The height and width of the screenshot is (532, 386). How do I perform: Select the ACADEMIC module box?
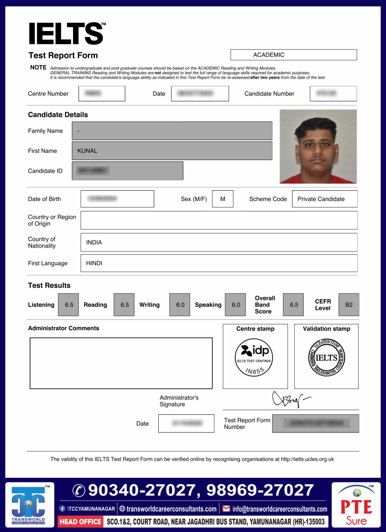pos(293,55)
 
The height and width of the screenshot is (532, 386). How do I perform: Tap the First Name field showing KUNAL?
pos(172,151)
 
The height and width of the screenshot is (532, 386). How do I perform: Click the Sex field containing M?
pos(222,199)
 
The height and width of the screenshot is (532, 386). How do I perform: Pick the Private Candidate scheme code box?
pos(324,199)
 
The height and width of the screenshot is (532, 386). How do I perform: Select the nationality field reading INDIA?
pos(219,242)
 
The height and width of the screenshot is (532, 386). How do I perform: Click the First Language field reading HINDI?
pos(219,263)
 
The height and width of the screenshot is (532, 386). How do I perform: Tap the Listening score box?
pos(69,305)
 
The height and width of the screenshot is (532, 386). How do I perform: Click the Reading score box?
pos(124,305)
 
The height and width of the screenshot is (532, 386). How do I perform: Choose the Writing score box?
pos(180,305)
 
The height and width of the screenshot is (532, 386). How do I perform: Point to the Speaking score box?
pos(235,305)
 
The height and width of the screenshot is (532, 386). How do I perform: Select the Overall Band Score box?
pos(293,305)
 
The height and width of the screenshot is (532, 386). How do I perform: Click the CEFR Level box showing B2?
pos(348,305)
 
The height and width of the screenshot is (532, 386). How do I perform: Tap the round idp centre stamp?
pos(254,357)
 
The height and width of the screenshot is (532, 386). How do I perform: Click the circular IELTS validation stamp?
pos(327,358)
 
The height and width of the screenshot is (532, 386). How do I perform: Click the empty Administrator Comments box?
pos(121,363)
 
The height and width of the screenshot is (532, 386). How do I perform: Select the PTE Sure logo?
pos(356,505)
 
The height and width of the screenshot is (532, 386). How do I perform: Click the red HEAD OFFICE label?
pos(80,522)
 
